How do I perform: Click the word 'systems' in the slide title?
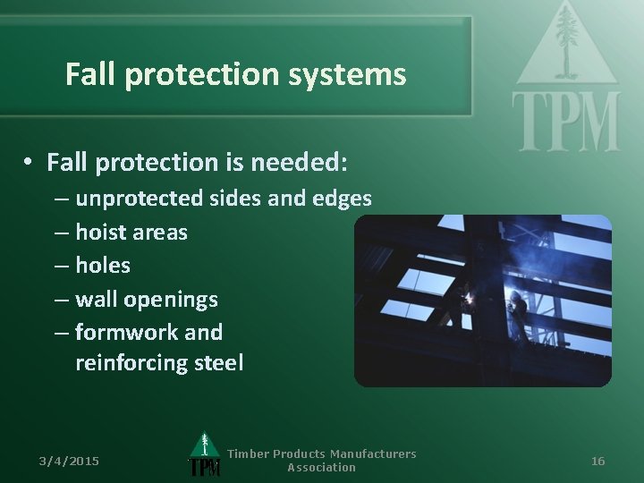(358, 74)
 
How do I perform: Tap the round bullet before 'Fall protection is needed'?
(30, 162)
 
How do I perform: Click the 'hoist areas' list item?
(131, 232)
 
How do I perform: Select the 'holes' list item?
(102, 265)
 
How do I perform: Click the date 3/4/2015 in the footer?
(69, 461)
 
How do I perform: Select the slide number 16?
(598, 461)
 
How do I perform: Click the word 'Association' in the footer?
(321, 468)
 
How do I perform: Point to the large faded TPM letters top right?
(565, 122)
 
